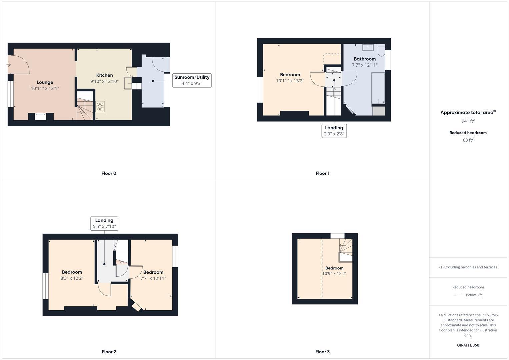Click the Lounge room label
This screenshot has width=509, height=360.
point(45,82)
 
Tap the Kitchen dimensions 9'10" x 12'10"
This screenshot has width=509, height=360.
point(104,81)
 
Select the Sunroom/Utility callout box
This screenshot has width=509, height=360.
point(192,80)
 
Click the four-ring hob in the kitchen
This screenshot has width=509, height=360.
point(100,107)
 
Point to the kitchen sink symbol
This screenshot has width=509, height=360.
point(127,83)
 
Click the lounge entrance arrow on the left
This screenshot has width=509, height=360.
point(8,65)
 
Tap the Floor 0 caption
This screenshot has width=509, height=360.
point(109,173)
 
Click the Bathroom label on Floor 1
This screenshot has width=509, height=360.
point(365,59)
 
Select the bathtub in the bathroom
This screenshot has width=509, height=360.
point(378,88)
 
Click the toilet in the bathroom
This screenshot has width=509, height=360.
point(381,50)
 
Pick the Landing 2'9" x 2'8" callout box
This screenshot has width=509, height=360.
point(334,131)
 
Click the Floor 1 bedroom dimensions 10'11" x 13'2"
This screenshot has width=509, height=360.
point(290,81)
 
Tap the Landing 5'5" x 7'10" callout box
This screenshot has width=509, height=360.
point(104,223)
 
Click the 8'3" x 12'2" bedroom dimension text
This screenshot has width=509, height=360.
point(72,278)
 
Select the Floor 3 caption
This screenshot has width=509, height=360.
point(322,352)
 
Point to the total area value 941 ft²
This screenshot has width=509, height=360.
point(468,121)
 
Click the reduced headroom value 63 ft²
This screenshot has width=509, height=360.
point(468,140)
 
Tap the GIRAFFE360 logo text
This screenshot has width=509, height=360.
point(468,345)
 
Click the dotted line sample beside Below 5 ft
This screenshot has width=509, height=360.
point(459,295)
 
